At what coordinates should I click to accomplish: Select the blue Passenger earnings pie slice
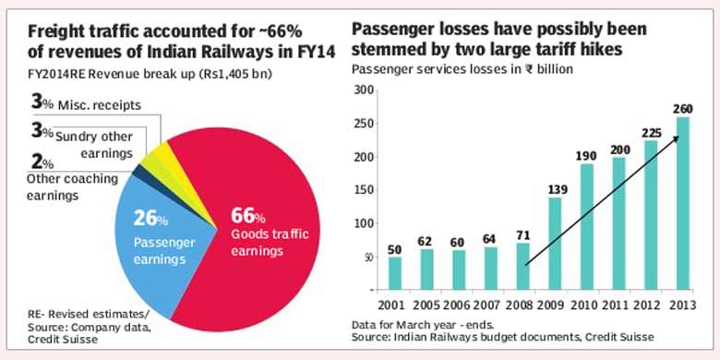click(x=162, y=240)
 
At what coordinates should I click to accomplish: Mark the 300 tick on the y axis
click(x=366, y=90)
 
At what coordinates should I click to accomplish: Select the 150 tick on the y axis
click(x=366, y=189)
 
